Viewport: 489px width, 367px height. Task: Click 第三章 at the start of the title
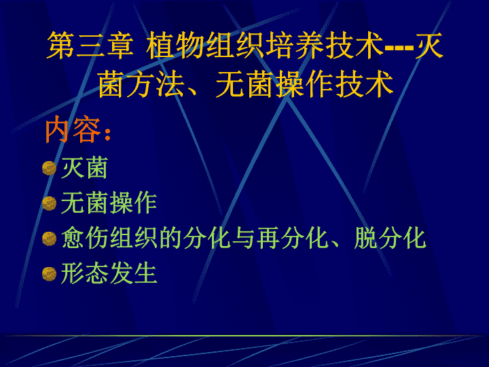click(x=90, y=46)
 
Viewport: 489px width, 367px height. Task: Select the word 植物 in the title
click(x=175, y=46)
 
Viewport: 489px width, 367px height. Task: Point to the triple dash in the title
click(x=399, y=48)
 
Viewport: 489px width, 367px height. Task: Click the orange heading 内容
click(x=73, y=129)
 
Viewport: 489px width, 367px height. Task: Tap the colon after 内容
click(x=107, y=135)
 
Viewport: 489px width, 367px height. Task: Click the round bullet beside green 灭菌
click(x=50, y=169)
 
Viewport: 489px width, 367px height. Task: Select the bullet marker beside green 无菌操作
click(x=50, y=203)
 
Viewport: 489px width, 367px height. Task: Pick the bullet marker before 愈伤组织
click(x=50, y=239)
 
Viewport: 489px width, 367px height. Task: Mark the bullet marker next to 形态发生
click(x=50, y=274)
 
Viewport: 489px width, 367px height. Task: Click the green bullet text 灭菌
click(x=84, y=168)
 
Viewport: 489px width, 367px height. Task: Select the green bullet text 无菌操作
click(x=109, y=203)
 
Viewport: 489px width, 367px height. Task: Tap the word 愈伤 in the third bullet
click(x=85, y=238)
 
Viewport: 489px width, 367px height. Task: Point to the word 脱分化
click(x=390, y=238)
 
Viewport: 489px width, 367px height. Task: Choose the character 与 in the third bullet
click(x=244, y=238)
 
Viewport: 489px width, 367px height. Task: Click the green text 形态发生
click(x=109, y=273)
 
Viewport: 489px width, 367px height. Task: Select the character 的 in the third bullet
click(x=170, y=238)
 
